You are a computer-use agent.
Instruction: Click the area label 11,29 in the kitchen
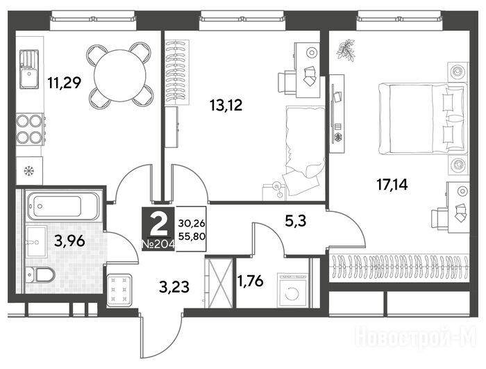(64, 83)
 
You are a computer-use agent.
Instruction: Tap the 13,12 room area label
(226, 105)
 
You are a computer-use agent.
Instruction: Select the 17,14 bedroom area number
(392, 185)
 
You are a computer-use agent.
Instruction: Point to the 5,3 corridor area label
(295, 221)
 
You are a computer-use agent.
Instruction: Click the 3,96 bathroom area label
(69, 240)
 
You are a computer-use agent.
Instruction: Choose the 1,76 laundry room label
(250, 281)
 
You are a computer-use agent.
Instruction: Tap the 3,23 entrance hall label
(174, 287)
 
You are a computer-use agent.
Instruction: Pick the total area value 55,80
(192, 237)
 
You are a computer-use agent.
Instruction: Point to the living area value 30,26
(192, 223)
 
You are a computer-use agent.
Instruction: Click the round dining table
(120, 76)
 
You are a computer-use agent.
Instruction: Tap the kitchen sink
(29, 69)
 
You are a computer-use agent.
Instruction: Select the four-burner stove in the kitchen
(30, 129)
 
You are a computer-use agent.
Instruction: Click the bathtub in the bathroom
(63, 206)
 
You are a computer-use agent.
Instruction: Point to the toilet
(40, 274)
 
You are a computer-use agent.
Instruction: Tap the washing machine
(292, 290)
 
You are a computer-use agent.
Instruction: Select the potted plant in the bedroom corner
(346, 49)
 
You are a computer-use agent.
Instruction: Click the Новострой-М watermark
(415, 336)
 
